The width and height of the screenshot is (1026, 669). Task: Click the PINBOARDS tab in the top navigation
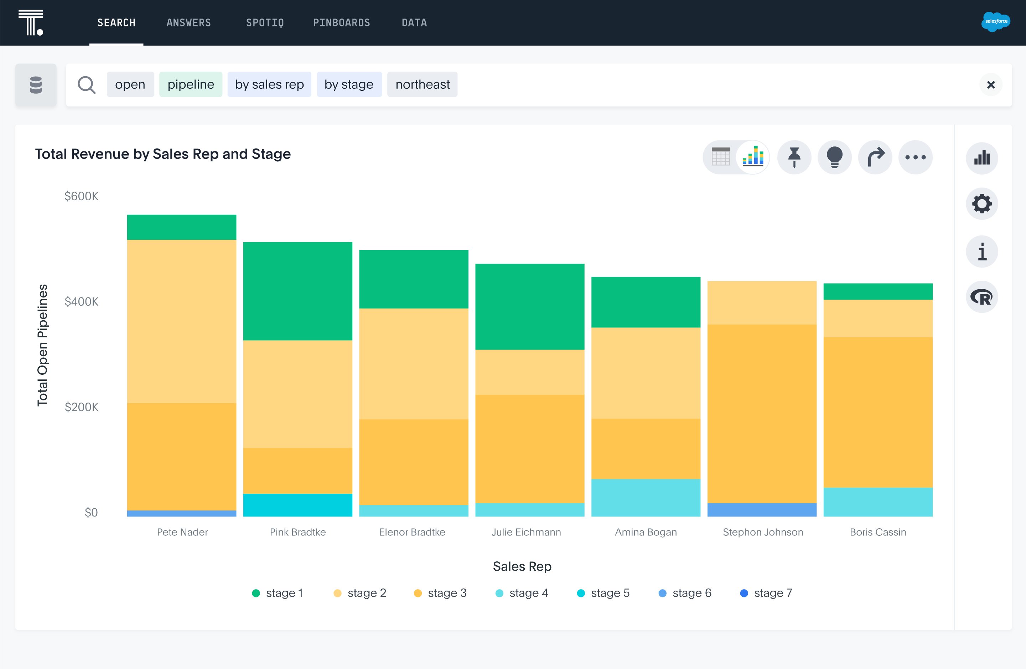[x=341, y=22]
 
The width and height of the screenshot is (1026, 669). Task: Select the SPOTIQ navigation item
[x=265, y=22]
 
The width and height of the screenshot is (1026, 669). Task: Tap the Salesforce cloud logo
[x=995, y=22]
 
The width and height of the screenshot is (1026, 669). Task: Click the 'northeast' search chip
[x=422, y=84]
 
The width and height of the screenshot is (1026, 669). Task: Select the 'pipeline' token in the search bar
[x=191, y=84]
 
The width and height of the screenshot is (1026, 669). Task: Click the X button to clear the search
[x=991, y=84]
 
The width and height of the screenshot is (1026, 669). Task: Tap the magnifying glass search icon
[x=86, y=84]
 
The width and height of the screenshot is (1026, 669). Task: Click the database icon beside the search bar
[x=36, y=84]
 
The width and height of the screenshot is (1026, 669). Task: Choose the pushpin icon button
[x=794, y=157]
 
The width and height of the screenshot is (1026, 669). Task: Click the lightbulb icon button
[x=835, y=157]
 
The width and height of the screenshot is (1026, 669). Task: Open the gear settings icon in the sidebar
[x=981, y=204]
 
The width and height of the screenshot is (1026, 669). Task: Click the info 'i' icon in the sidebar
[x=981, y=252]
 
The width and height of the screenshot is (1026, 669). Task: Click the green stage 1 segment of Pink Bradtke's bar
[x=297, y=291]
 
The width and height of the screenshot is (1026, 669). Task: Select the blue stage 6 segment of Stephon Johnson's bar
[x=762, y=509]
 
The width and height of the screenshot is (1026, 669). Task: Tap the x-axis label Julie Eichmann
[x=526, y=532]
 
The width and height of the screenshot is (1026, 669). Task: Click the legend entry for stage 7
[x=766, y=593]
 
